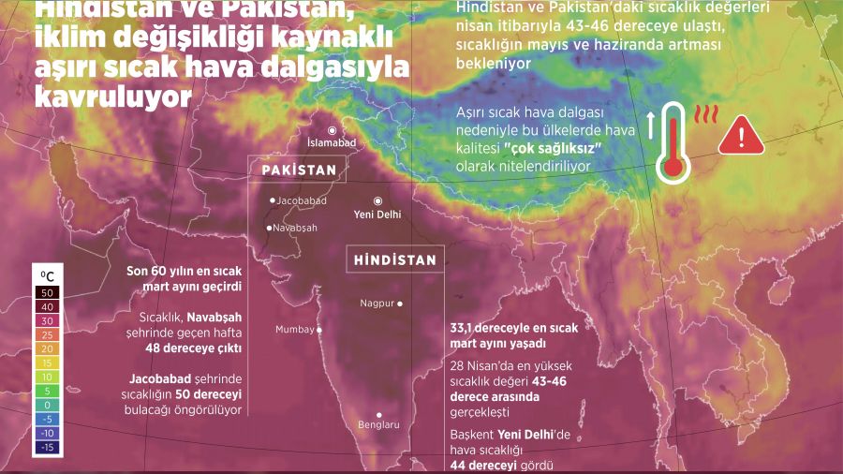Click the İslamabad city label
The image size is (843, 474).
332,142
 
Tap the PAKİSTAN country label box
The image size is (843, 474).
298,170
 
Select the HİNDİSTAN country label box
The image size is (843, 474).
395,260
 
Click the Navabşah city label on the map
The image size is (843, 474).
296,228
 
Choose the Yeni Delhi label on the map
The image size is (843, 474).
378,215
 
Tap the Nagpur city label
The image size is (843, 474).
377,303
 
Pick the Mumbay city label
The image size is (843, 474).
294,329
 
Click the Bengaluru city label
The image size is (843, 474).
378,424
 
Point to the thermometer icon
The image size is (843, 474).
671,141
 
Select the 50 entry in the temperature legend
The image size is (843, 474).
47,292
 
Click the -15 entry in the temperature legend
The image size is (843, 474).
47,447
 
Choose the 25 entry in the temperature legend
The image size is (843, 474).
47,333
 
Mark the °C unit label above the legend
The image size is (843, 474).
47,275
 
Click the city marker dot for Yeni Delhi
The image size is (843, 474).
378,200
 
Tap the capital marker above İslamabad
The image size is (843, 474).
332,130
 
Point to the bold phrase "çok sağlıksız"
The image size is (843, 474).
552,150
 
